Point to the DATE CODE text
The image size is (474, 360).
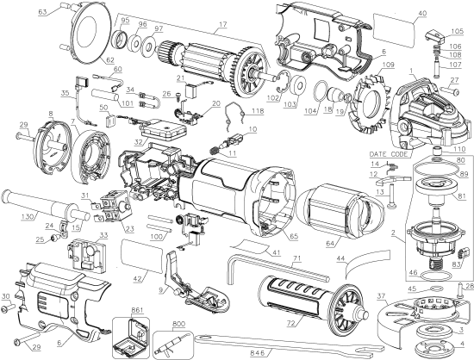pyautogui.click(x=388, y=153)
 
